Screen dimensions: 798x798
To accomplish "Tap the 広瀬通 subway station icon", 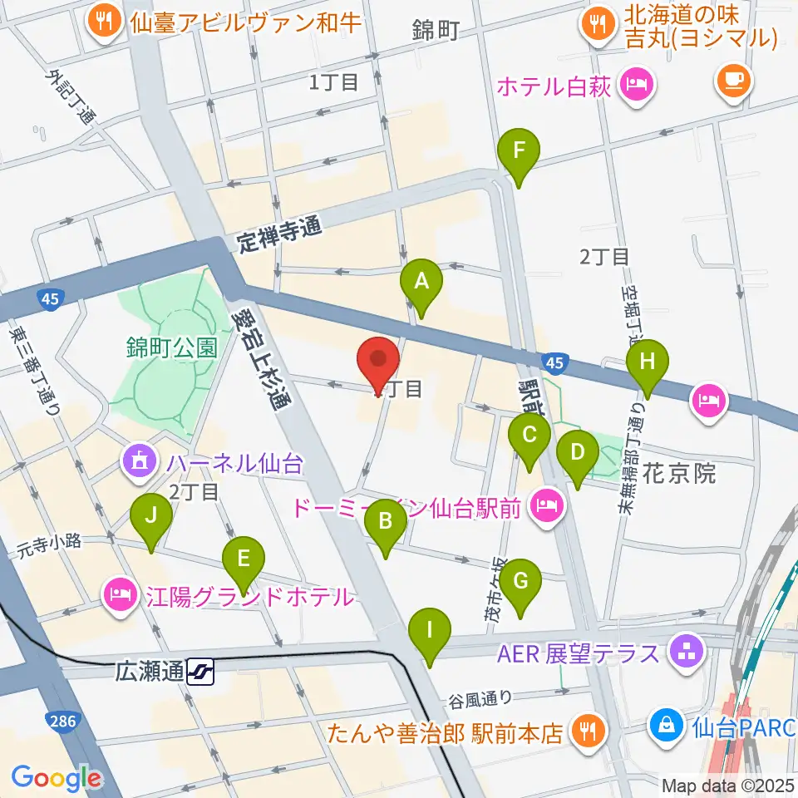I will [x=199, y=670].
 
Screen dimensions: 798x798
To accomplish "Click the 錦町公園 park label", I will [x=171, y=347].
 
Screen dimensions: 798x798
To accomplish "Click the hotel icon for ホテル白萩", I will [x=637, y=84].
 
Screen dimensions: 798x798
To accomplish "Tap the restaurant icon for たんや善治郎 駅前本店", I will [x=589, y=730].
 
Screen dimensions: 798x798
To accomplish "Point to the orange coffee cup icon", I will [x=732, y=80].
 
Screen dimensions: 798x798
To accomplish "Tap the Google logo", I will [x=56, y=778].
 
